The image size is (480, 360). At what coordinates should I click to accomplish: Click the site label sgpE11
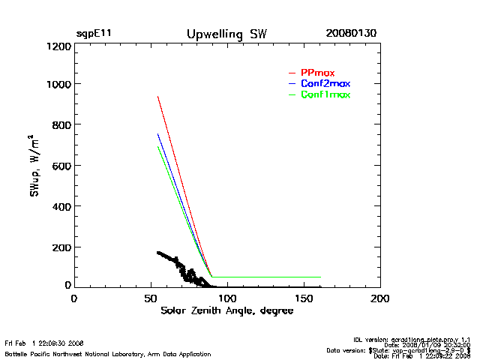(94, 34)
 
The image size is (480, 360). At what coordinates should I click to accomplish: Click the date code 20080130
(351, 34)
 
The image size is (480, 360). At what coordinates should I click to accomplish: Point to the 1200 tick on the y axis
(58, 46)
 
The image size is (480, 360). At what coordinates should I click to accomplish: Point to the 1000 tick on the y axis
(58, 84)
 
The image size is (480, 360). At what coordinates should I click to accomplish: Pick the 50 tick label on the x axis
(150, 298)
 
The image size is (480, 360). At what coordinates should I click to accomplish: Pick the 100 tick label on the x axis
(226, 298)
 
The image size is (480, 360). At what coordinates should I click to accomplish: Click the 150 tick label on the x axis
(303, 298)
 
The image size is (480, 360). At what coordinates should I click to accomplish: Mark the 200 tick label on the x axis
(380, 298)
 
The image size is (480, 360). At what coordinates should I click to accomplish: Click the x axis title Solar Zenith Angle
(226, 311)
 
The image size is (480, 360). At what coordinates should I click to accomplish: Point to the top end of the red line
(157, 96)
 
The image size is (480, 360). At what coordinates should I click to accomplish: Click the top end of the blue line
(157, 133)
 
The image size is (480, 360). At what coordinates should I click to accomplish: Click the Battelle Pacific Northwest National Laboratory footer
(108, 354)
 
